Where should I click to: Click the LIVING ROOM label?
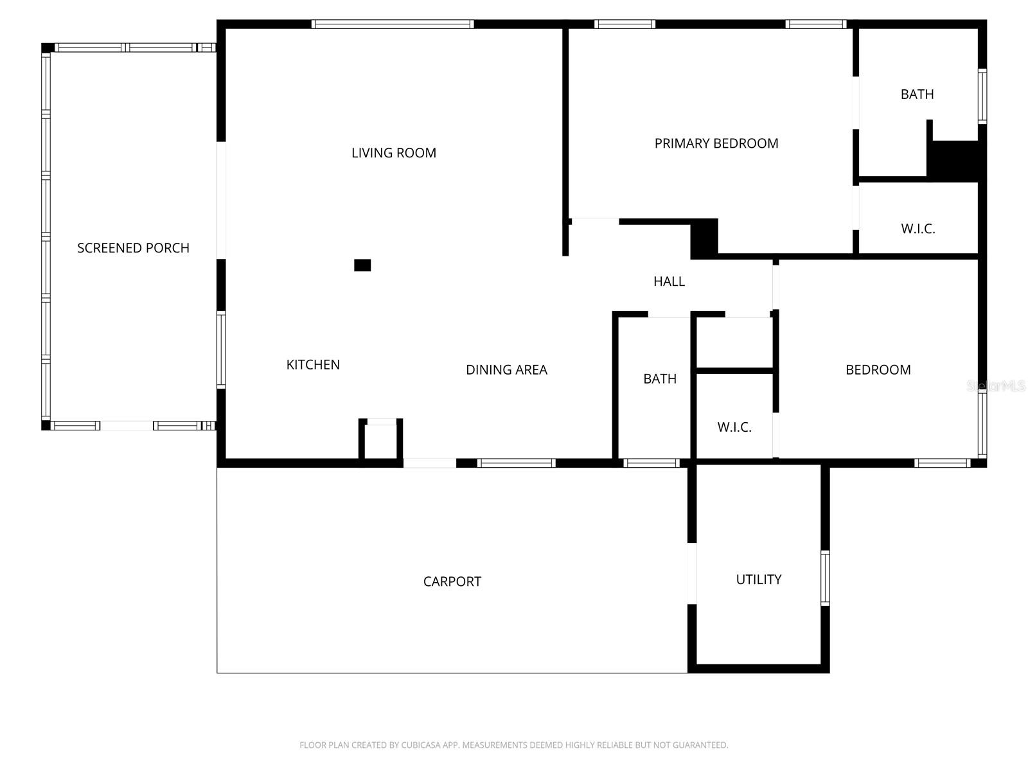point(393,153)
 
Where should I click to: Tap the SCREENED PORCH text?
point(133,248)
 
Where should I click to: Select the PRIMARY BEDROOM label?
point(716,143)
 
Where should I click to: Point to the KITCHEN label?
point(313,365)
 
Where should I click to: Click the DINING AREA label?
point(506,370)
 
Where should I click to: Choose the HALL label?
point(669,281)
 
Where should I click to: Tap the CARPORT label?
point(452,581)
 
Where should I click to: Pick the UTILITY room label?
point(758,580)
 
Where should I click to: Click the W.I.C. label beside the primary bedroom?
point(917,229)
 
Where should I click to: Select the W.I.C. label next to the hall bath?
point(734,427)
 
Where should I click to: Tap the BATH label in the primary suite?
point(917,94)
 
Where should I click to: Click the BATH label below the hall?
point(660,379)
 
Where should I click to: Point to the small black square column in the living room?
point(362,265)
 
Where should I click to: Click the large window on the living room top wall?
point(393,24)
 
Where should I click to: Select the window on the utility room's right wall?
point(825,578)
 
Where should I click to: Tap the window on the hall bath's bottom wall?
point(651,463)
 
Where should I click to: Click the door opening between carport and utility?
point(692,573)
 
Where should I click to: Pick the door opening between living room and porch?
point(221,200)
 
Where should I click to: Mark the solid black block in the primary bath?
point(955,159)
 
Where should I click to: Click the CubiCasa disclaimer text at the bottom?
point(513,745)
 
